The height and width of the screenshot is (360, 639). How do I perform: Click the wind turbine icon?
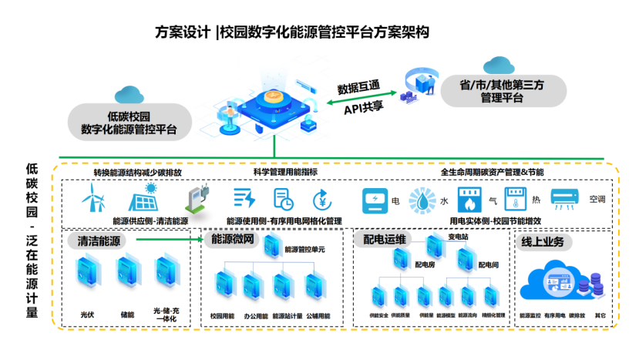[92, 200]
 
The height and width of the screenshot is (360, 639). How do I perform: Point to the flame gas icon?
[469, 200]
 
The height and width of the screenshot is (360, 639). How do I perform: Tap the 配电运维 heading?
[385, 240]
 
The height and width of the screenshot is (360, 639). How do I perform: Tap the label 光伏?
[86, 315]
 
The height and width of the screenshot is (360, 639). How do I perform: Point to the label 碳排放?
[577, 316]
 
